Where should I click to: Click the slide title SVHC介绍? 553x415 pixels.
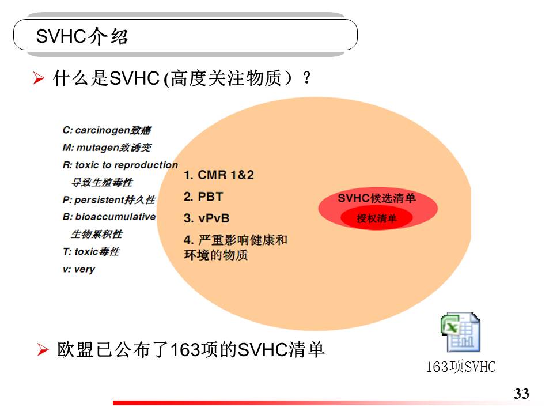tap(82, 36)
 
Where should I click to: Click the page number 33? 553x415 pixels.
tap(521, 394)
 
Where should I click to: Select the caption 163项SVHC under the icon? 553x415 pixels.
tap(461, 367)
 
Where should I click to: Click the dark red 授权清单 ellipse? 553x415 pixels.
tap(376, 218)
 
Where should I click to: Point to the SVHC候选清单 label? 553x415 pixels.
tap(377, 198)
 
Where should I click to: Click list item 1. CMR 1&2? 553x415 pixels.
tap(219, 175)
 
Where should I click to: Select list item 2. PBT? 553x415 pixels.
tap(203, 197)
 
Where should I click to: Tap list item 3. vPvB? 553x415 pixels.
tap(207, 218)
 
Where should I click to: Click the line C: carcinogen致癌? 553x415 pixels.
tap(107, 130)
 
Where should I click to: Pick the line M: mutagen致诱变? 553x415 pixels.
tap(107, 148)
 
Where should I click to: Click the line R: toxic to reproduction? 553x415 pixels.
tap(120, 165)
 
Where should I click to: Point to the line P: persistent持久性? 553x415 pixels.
tap(109, 200)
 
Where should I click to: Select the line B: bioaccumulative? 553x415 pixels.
tap(109, 217)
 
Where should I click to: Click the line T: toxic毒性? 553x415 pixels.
tap(91, 252)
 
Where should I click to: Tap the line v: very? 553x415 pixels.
tap(79, 269)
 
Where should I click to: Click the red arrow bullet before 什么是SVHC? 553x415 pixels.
tap(39, 78)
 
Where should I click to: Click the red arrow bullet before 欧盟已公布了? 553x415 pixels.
tap(43, 350)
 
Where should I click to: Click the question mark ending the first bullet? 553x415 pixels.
tap(307, 78)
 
